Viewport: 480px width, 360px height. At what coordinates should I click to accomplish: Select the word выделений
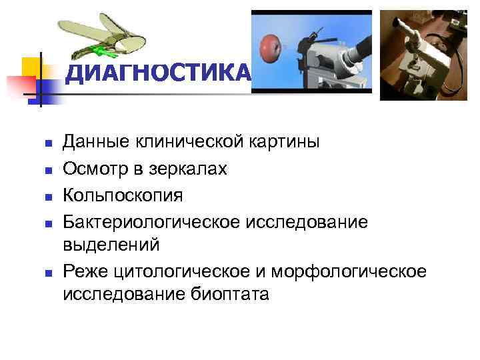click(111, 245)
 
